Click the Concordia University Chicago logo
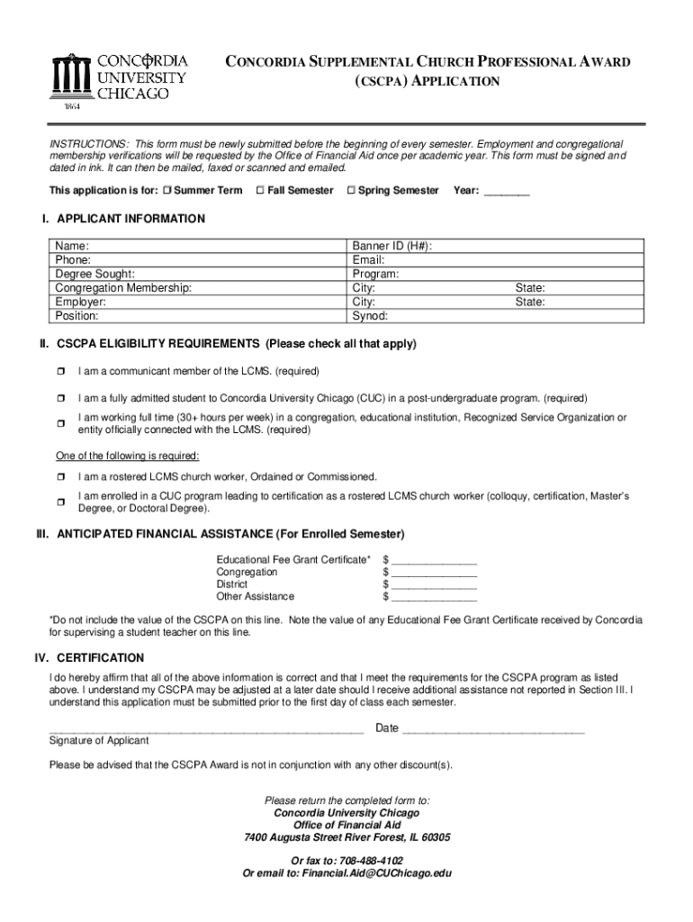pyautogui.click(x=120, y=79)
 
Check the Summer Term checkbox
pyautogui.click(x=167, y=191)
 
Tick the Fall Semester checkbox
pyautogui.click(x=260, y=191)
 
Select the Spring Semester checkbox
pyautogui.click(x=351, y=191)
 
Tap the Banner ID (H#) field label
pyautogui.click(x=391, y=245)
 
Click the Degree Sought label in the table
pyautogui.click(x=94, y=274)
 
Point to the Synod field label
pyautogui.click(x=370, y=317)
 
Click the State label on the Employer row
pyautogui.click(x=529, y=303)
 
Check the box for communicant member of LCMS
pyautogui.click(x=61, y=372)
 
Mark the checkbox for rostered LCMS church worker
pyautogui.click(x=61, y=476)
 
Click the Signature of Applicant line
pyautogui.click(x=206, y=730)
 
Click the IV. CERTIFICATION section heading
pyautogui.click(x=89, y=658)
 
